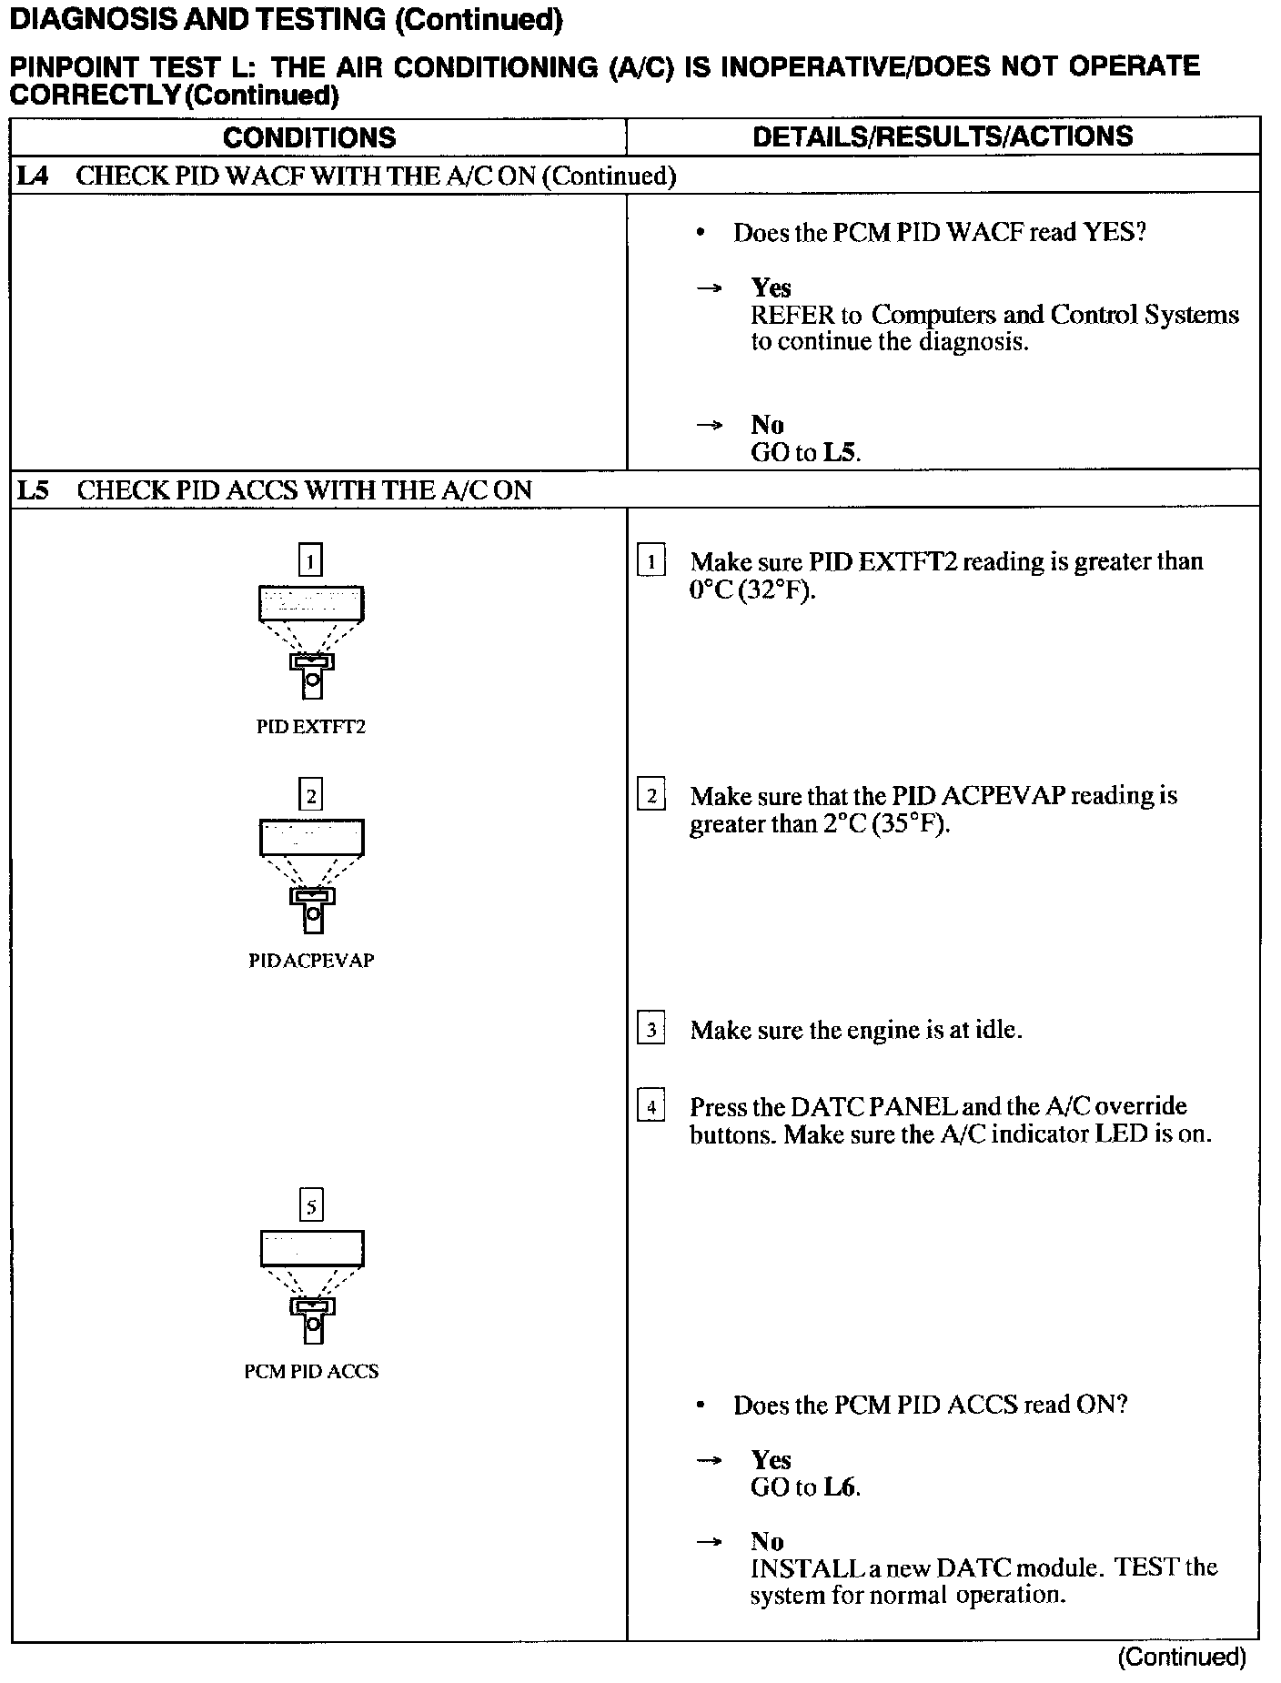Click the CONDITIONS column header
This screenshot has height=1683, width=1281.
[309, 137]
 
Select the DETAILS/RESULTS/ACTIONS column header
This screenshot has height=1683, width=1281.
[943, 136]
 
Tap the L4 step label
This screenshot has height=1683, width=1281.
[33, 176]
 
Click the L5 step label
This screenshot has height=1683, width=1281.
[33, 490]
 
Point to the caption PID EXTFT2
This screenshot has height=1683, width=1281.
[311, 727]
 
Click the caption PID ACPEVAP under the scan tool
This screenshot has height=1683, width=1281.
[311, 961]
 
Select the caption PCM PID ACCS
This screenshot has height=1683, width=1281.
[311, 1371]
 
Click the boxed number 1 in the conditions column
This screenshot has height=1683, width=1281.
[310, 560]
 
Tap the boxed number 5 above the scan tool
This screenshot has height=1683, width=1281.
[311, 1206]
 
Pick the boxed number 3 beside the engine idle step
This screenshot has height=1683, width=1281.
[651, 1030]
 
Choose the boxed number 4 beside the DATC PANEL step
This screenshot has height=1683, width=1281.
[651, 1107]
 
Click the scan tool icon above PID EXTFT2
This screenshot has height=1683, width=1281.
[311, 641]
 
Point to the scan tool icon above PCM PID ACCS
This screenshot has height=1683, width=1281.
[311, 1286]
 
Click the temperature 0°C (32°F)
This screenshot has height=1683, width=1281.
[751, 590]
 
